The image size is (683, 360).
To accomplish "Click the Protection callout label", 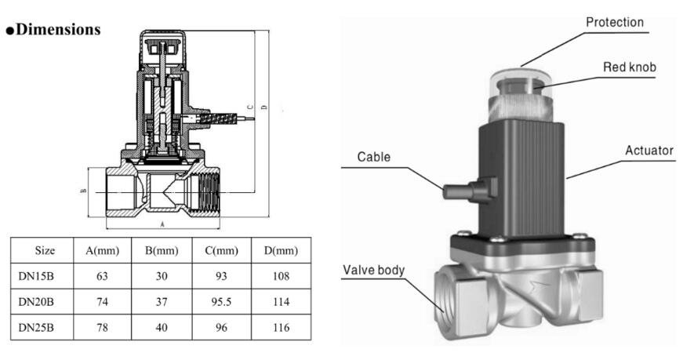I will (615, 22).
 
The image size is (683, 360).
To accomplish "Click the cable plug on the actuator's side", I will (462, 189).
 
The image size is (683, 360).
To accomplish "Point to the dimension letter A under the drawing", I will (162, 223).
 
